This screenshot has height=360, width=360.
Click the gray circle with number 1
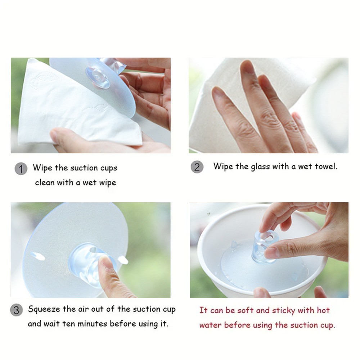(21, 169)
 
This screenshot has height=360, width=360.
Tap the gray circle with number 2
(197, 167)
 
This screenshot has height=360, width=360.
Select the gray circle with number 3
(16, 310)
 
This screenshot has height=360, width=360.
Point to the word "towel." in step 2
(326, 166)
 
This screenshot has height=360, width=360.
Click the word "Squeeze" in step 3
(44, 310)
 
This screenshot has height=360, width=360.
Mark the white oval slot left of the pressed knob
(37, 256)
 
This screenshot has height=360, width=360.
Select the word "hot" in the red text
(323, 310)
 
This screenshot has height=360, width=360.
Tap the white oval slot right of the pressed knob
(123, 260)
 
